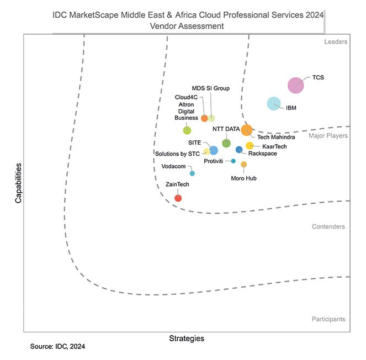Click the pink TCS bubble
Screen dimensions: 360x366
point(296,85)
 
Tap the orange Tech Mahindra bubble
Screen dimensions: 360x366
point(247,130)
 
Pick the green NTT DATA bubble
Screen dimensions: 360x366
point(226,143)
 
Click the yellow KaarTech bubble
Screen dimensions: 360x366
point(250,146)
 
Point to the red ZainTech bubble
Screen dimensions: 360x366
point(178,198)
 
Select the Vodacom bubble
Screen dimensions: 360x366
point(192,173)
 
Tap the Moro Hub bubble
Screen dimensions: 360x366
point(244,164)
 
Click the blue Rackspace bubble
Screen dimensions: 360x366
point(239,150)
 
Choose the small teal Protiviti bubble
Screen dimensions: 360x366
point(233,161)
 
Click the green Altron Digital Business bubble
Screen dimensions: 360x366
point(187,130)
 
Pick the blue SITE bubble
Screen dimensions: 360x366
point(213,150)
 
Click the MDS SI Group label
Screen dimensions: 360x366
point(210,88)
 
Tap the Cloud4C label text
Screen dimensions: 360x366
point(186,97)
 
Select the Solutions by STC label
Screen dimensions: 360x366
point(177,153)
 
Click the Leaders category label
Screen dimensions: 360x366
point(335,41)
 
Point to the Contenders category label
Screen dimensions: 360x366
point(328,226)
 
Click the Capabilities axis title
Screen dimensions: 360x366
point(18,183)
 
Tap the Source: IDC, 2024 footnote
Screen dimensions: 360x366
point(58,347)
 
